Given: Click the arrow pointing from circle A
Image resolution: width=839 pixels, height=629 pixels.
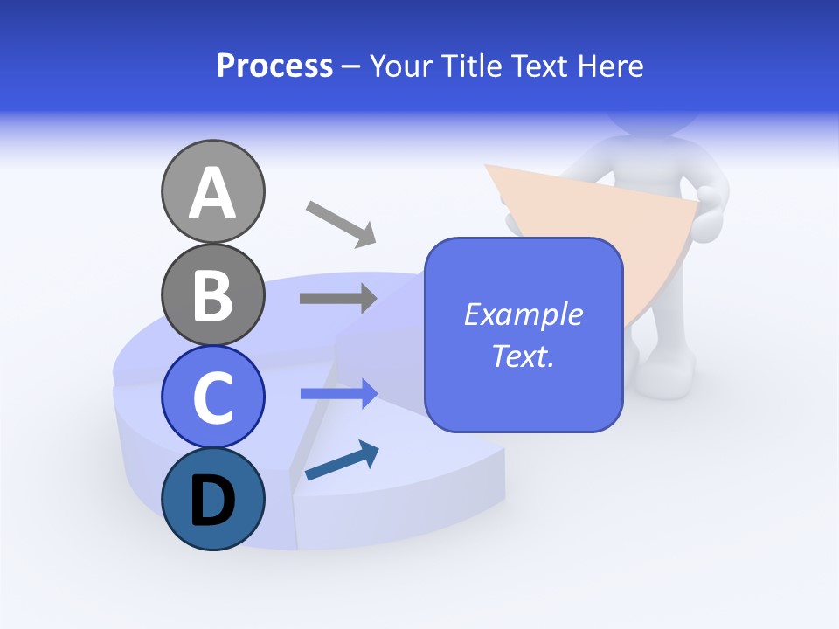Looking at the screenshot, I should [x=341, y=222].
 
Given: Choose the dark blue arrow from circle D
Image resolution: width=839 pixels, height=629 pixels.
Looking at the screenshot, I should [x=342, y=460].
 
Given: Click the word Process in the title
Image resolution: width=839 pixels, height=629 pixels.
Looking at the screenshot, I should [x=274, y=66].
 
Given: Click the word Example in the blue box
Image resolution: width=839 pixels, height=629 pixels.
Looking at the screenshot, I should [x=524, y=314].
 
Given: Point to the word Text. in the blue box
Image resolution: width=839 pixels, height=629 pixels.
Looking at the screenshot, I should [x=524, y=356].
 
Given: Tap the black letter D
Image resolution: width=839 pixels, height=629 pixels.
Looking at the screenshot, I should [x=213, y=501].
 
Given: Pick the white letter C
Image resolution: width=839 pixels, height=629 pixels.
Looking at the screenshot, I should [x=213, y=397].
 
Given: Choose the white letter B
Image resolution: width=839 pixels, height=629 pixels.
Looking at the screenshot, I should [x=213, y=295].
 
